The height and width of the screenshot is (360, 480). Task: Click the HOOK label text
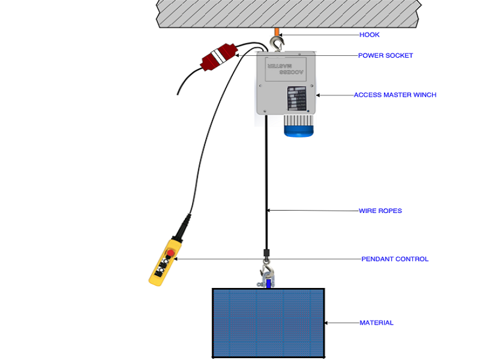369,35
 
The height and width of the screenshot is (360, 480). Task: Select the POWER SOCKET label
385,56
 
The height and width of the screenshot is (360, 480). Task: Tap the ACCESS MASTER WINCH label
395,95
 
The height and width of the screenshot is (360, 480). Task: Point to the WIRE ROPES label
380,211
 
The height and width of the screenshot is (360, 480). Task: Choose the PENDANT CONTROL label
395,259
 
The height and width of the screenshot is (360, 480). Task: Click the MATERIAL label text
376,323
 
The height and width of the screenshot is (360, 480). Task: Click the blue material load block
268,322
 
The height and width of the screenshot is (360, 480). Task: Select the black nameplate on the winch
296,99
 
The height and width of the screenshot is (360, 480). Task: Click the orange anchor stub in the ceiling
277,31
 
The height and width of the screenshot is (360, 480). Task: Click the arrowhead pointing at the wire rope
269,210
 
